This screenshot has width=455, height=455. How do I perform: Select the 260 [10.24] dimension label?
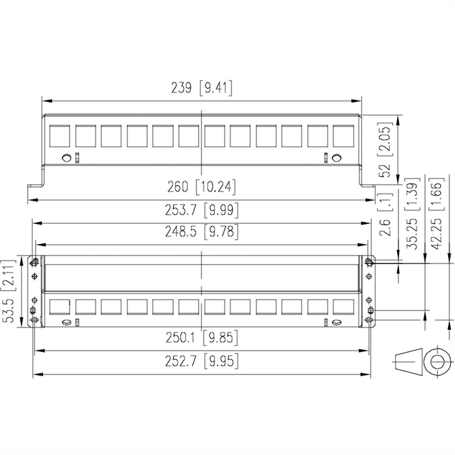pos(201,187)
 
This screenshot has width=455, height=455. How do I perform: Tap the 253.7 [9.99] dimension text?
pos(201,210)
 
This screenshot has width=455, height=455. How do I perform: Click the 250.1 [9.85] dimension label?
pos(201,337)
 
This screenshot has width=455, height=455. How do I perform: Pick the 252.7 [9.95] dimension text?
pos(201,361)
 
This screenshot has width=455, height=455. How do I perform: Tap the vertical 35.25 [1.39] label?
pos(412,214)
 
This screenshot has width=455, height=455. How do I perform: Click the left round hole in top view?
pos(66,158)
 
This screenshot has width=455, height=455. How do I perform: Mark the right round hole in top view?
pos(336,158)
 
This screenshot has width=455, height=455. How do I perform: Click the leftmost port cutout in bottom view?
pos(60,307)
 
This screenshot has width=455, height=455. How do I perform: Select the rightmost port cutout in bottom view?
pos(343,307)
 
